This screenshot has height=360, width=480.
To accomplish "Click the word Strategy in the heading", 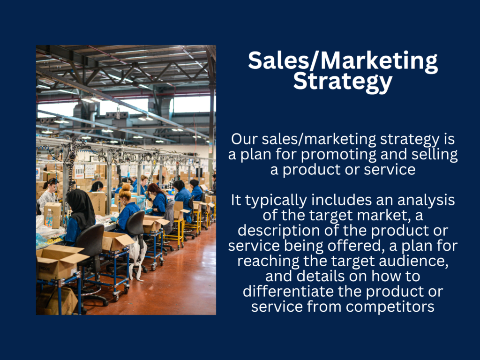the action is click(x=343, y=82).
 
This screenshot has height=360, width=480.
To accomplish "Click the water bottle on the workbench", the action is click(x=49, y=218).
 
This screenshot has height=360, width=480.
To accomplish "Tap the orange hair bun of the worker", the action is click(x=126, y=187).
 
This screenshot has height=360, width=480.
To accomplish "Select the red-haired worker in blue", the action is click(x=158, y=201).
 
